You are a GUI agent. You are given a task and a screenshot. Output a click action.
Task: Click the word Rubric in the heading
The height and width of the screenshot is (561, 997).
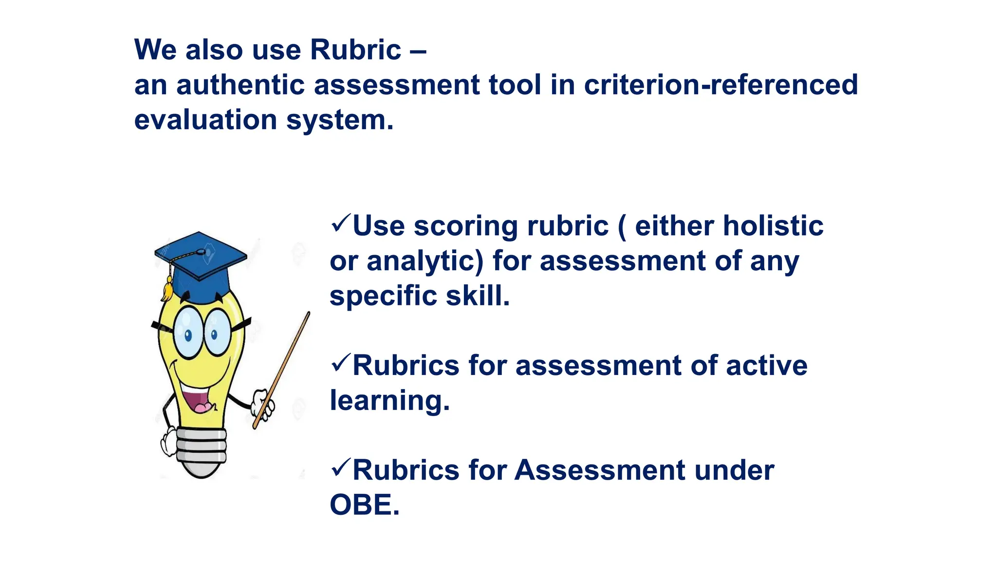[355, 50]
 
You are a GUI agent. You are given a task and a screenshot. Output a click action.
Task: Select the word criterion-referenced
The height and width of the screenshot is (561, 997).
[720, 85]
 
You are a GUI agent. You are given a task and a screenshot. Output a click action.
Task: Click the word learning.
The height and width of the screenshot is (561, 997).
[389, 401]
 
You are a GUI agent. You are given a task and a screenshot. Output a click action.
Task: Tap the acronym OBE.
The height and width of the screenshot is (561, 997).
[364, 505]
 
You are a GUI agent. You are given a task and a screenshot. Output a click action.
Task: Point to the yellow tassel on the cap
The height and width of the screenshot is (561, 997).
[167, 289]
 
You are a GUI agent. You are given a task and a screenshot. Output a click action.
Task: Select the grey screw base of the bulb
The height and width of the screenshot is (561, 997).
[201, 450]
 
